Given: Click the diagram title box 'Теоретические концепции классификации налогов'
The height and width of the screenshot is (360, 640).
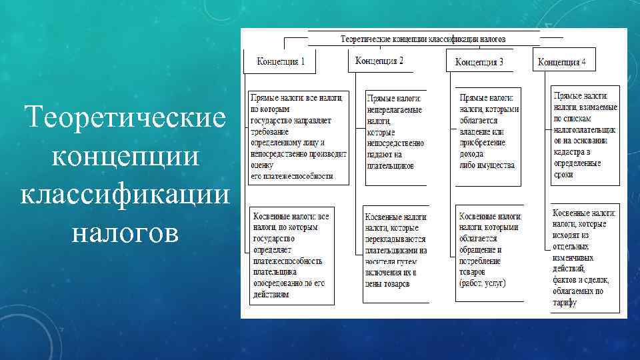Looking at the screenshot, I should click(x=423, y=39).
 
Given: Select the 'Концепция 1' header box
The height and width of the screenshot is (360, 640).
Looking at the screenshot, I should click(x=281, y=61).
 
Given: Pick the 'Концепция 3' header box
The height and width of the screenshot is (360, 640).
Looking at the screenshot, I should click(x=479, y=62).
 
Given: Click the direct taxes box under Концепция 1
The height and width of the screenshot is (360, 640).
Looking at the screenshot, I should click(x=299, y=137).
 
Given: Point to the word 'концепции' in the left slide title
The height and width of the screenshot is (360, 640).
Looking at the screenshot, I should click(x=125, y=157).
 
